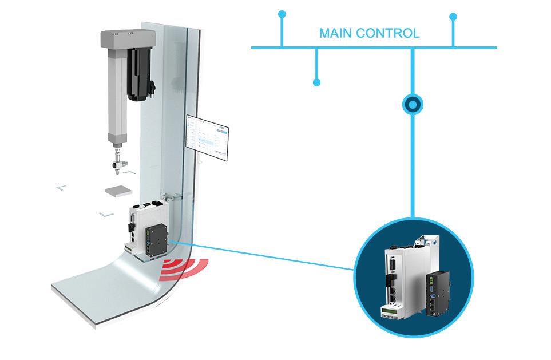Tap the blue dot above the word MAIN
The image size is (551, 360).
click(x=281, y=13)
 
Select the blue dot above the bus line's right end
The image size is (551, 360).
click(x=453, y=17)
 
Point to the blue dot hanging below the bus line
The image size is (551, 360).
click(x=316, y=83)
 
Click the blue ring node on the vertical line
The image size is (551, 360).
click(x=412, y=105)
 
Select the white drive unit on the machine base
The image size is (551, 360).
click(x=139, y=226)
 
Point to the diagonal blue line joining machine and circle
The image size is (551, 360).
click(x=269, y=257)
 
